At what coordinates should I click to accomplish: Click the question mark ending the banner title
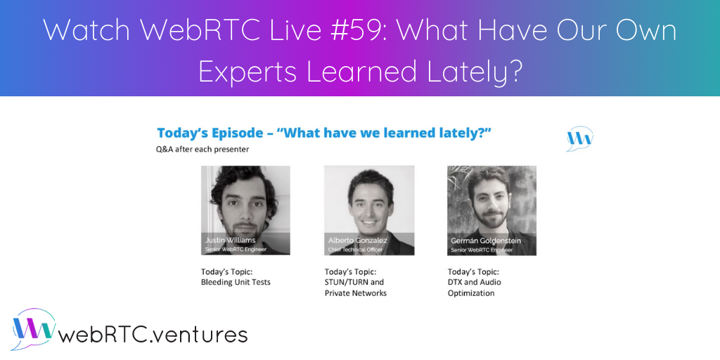(x=515, y=72)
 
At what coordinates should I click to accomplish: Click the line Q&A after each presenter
(x=202, y=149)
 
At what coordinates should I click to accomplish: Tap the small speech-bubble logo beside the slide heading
(x=580, y=139)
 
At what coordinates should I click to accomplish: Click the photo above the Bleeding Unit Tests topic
(x=245, y=210)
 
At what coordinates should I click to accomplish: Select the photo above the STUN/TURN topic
(x=369, y=210)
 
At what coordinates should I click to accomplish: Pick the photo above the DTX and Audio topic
(x=491, y=210)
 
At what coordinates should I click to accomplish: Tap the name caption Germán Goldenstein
(x=485, y=241)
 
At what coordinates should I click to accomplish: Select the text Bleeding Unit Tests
(x=236, y=282)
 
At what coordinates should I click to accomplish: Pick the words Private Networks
(x=355, y=293)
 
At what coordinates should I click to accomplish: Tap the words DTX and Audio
(x=475, y=282)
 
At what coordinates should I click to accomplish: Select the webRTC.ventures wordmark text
(x=153, y=335)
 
